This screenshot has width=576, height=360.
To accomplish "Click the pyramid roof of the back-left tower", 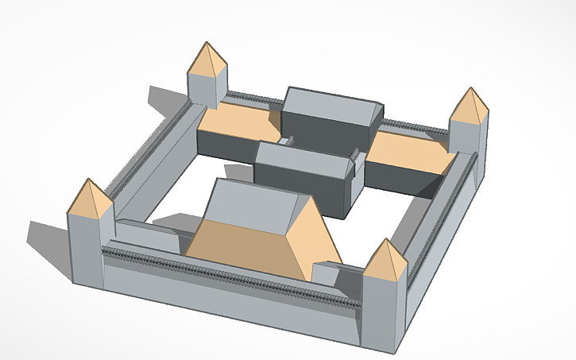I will [207, 62].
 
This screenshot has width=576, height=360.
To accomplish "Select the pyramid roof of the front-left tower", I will [89, 202].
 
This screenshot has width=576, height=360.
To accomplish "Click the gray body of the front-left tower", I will [85, 250].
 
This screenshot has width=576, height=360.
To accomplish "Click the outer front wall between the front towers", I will [230, 294].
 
